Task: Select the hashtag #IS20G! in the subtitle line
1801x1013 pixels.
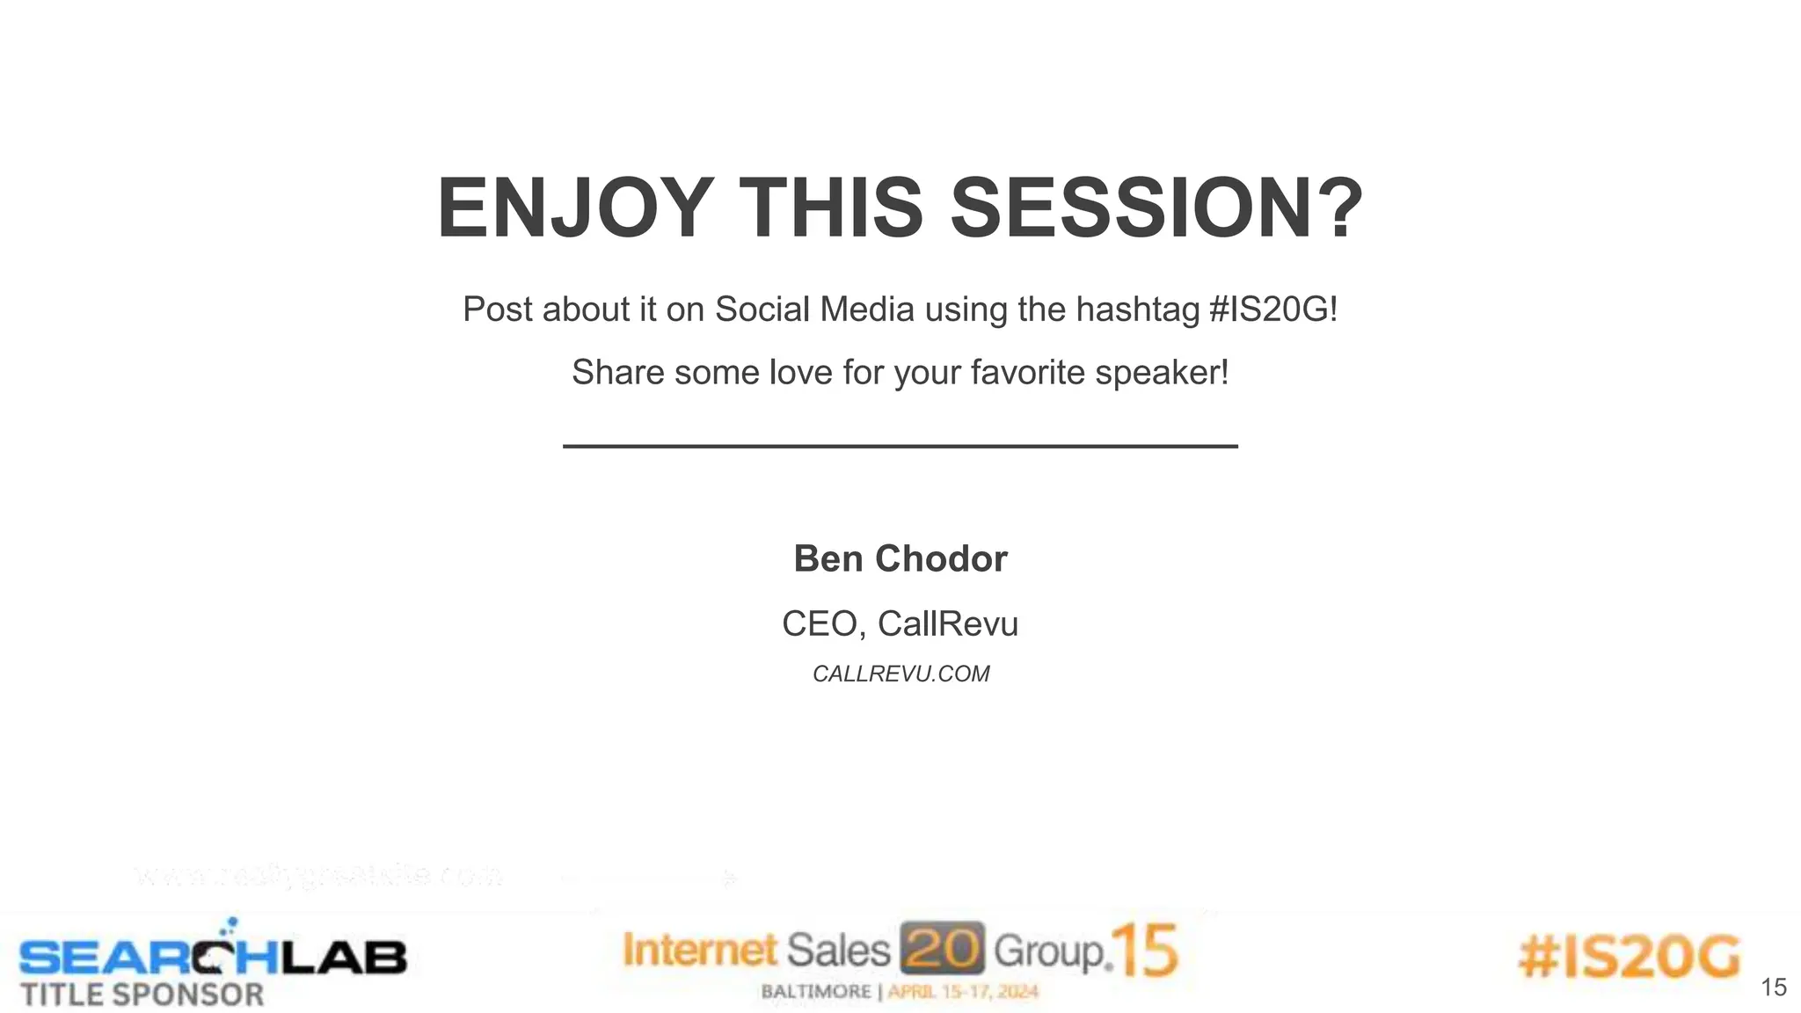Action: pos(1272,310)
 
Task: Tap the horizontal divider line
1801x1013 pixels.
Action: pos(900,447)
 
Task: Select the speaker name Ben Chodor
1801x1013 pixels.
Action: pos(900,559)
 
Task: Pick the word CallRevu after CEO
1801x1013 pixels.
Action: pos(948,624)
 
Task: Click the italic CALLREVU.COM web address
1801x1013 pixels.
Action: pos(900,674)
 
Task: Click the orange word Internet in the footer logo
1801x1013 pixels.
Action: pos(701,951)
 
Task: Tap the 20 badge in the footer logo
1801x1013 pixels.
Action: pos(943,949)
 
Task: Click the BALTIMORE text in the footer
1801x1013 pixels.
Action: pos(815,992)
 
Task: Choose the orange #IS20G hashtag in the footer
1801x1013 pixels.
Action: pos(1630,957)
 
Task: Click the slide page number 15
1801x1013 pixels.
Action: pos(1774,987)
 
